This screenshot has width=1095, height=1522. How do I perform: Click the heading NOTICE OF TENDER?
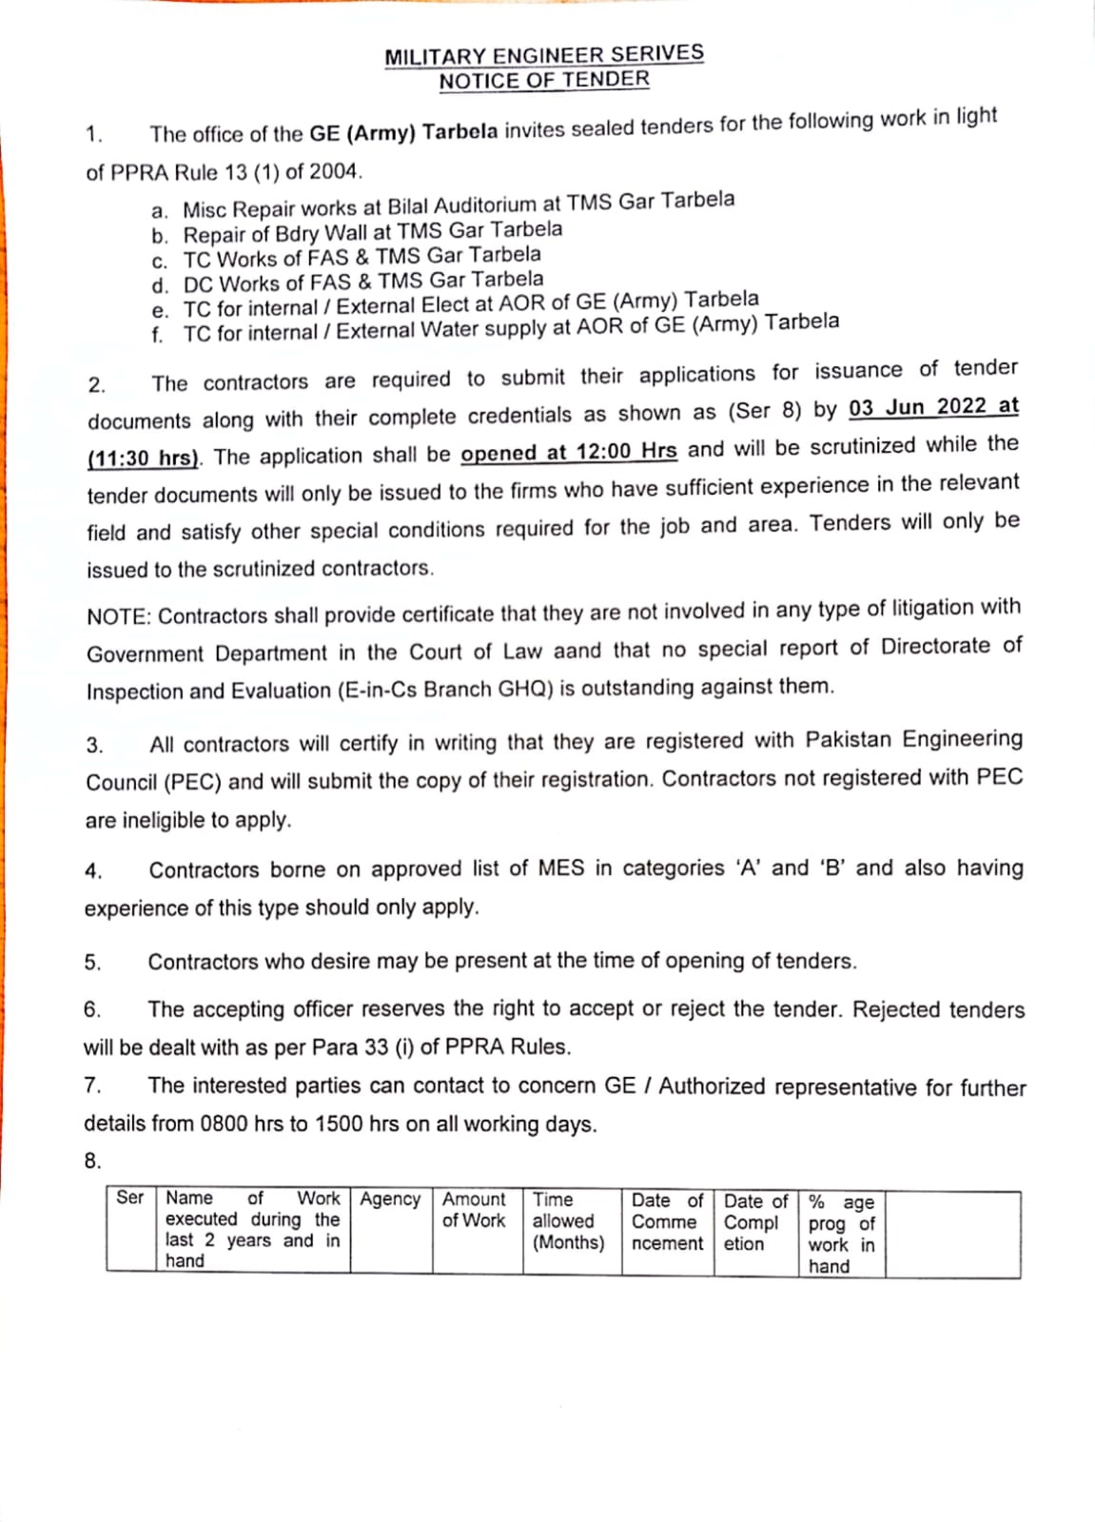(x=544, y=80)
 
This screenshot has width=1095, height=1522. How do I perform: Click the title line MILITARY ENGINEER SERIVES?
(x=544, y=55)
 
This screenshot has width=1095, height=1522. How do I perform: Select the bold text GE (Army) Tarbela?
(x=403, y=132)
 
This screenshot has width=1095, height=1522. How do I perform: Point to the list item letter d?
(x=160, y=285)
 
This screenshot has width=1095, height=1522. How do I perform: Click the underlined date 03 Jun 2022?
(x=918, y=407)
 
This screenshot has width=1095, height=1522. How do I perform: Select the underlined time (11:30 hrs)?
(x=143, y=459)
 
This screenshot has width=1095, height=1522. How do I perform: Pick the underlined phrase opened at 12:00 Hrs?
(x=568, y=452)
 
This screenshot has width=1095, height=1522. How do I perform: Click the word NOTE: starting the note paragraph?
(x=119, y=616)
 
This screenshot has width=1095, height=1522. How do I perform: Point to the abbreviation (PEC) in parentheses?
(x=193, y=783)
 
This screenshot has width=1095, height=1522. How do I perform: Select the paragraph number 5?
(x=92, y=963)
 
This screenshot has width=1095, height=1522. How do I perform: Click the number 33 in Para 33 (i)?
(x=376, y=1047)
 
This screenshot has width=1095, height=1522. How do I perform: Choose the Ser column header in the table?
(x=129, y=1198)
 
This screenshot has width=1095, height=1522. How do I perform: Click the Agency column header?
(x=390, y=1200)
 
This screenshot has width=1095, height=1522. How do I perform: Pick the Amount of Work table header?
(x=474, y=1210)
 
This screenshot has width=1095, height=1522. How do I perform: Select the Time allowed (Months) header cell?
(x=568, y=1221)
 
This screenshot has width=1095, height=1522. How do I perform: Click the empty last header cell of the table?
(x=952, y=1234)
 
